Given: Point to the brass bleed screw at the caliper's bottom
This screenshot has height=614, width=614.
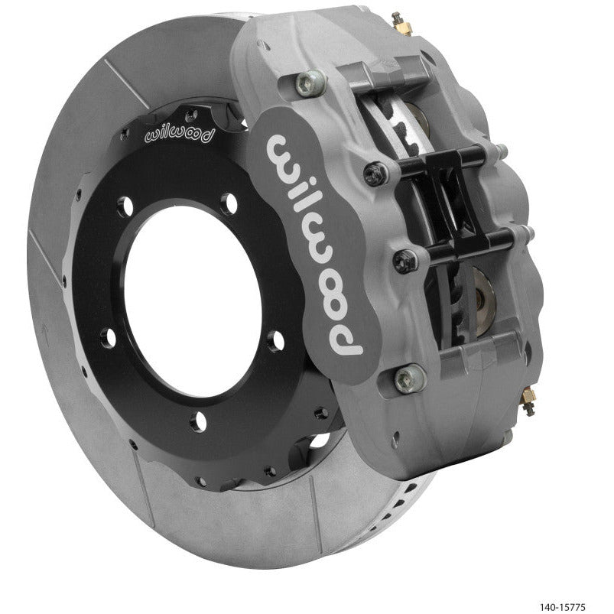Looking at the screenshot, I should pos(529,401).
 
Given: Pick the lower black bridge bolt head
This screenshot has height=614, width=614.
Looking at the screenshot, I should pos(404,262).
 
